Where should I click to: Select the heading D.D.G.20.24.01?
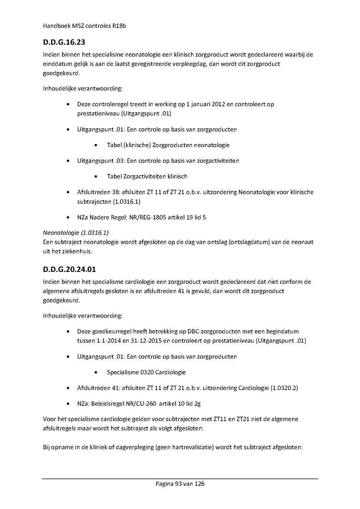click(x=70, y=269)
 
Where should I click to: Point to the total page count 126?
click(x=199, y=484)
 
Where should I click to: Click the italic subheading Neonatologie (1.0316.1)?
click(x=76, y=232)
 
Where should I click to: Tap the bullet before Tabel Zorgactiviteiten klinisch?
click(x=96, y=176)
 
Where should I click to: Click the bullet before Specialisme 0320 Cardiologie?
click(x=96, y=372)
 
